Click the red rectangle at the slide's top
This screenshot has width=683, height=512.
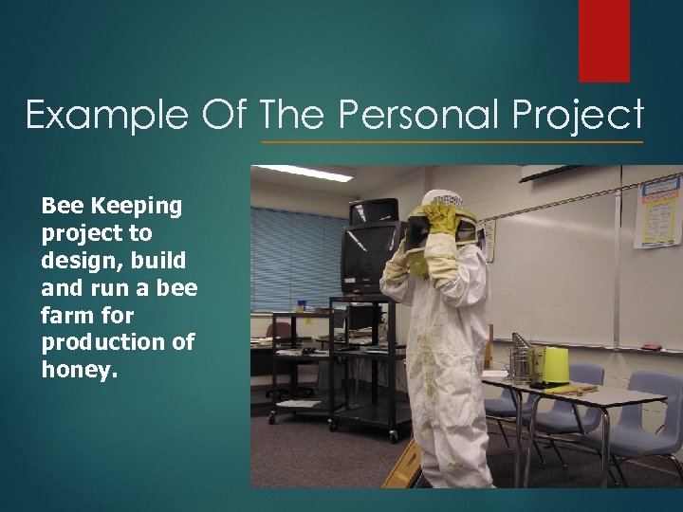pos(604,40)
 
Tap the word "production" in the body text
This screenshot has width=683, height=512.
pos(105,342)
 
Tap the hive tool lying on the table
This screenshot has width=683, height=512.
pos(569,389)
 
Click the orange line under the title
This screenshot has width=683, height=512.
pos(452,142)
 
